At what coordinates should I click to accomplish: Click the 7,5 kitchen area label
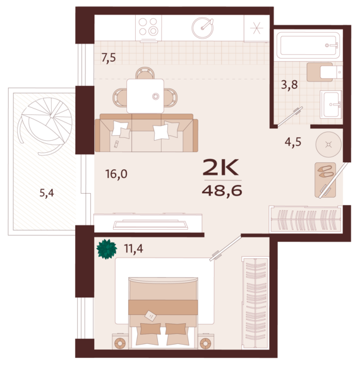pos(109,57)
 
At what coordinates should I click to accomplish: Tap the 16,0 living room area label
pos(116,174)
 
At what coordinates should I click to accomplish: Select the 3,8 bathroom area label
pos(289,85)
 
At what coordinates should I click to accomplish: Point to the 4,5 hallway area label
pos(293,142)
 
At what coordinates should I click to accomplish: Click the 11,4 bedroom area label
pos(133,249)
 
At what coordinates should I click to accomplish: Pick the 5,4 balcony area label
pos(47,193)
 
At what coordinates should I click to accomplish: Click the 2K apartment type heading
pos(221,167)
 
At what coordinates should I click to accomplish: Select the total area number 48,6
pos(222,191)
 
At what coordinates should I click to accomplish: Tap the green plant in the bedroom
pos(107,249)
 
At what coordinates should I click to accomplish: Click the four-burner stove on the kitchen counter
pos(148,28)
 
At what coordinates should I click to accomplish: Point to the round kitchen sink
pos(203,28)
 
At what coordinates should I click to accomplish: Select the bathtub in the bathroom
pos(308,45)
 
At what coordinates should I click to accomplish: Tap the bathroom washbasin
pos(331,104)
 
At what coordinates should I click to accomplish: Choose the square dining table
pos(145,96)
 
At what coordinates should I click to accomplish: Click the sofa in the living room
pos(147,133)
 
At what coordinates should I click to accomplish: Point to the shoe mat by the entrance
pos(325,179)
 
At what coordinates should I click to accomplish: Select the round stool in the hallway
pos(328,144)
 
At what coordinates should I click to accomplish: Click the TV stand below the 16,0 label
pos(148,223)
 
